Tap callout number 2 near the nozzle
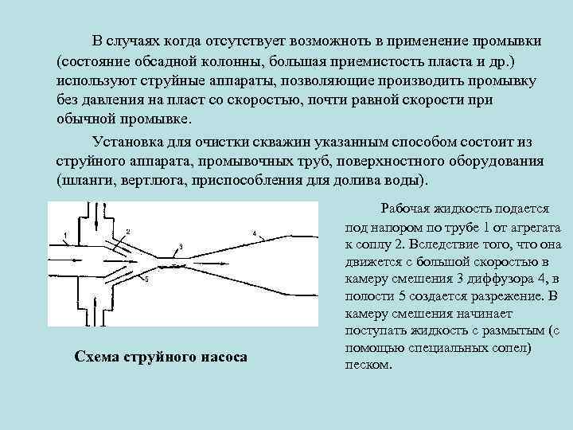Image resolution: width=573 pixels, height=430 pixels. click(x=127, y=231)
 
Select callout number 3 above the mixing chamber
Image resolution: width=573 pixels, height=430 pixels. click(x=181, y=246)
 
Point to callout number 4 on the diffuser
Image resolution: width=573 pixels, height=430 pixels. click(x=254, y=233)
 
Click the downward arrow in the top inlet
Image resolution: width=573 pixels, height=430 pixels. click(x=104, y=213)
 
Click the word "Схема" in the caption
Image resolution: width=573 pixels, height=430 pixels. click(x=96, y=356)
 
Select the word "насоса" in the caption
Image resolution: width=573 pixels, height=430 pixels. click(x=222, y=356)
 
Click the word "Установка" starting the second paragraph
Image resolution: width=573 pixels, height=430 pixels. click(x=130, y=142)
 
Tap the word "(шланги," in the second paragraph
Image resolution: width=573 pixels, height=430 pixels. click(x=86, y=178)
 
